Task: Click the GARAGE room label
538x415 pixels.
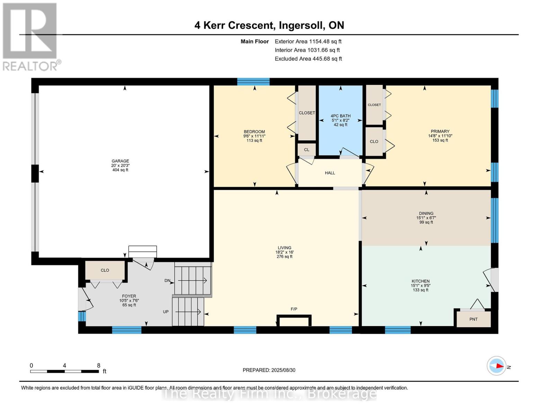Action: click(120, 161)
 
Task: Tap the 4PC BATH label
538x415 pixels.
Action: click(340, 116)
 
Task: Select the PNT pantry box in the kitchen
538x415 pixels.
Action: click(473, 319)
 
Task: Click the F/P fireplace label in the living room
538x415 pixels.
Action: click(294, 309)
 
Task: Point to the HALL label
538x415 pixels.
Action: click(330, 173)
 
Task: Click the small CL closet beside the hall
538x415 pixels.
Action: click(307, 150)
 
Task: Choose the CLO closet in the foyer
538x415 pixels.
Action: click(105, 270)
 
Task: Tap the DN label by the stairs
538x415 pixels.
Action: click(168, 280)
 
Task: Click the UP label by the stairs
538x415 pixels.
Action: click(166, 312)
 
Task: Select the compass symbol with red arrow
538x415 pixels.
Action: click(496, 366)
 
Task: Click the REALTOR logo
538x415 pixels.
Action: click(30, 36)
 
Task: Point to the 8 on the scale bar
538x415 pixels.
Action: click(99, 366)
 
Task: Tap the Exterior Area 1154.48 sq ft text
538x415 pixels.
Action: click(308, 41)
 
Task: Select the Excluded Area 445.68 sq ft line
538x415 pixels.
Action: click(308, 59)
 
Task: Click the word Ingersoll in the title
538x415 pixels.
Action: click(301, 25)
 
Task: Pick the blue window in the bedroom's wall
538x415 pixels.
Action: click(253, 82)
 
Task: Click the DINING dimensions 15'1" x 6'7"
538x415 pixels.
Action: click(426, 218)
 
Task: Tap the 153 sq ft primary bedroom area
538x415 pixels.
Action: click(440, 140)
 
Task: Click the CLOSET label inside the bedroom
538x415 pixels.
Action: click(307, 113)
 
